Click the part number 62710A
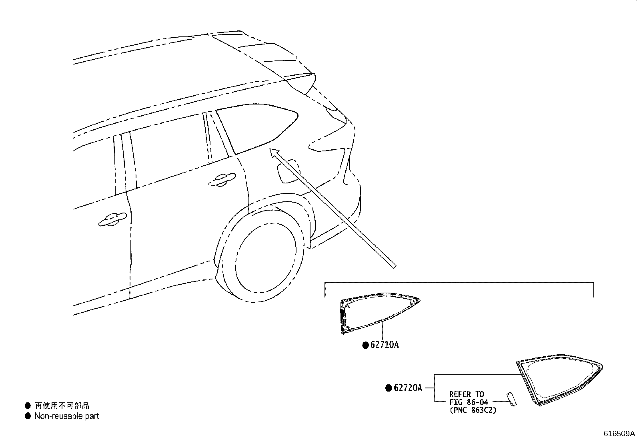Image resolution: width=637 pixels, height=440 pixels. (x=385, y=345)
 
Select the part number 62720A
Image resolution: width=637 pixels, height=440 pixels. (x=408, y=388)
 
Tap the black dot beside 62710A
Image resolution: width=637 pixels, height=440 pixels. (x=365, y=345)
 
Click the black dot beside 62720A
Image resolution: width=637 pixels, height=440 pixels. (x=389, y=388)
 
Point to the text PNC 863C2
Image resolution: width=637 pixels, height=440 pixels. (x=473, y=410)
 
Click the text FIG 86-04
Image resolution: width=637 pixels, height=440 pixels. (x=469, y=402)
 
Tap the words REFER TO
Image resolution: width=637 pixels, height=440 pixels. (x=467, y=394)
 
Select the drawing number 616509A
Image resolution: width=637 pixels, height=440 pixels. (x=619, y=434)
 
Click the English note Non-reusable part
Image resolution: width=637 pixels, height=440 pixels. (x=66, y=416)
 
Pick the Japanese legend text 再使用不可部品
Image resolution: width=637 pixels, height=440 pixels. (x=62, y=405)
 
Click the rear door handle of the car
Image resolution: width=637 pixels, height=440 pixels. (x=222, y=180)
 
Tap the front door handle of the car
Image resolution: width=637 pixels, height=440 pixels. (x=112, y=219)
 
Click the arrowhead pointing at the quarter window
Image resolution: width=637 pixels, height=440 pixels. (x=274, y=153)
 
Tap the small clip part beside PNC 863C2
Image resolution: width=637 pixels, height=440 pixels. (x=512, y=399)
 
